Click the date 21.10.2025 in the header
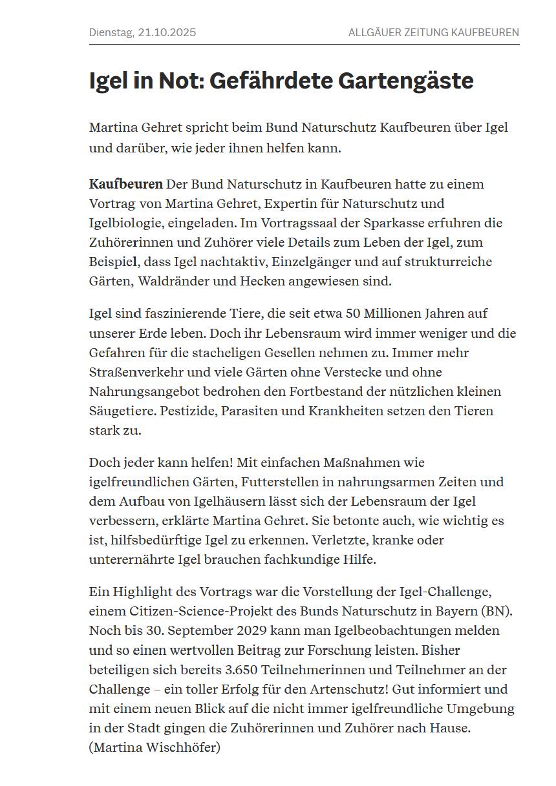(x=167, y=32)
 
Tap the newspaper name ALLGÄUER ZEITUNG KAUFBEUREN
(x=433, y=32)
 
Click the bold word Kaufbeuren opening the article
(x=125, y=184)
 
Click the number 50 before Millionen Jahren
(x=353, y=313)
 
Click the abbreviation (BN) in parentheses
(x=497, y=610)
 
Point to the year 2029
(x=239, y=630)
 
